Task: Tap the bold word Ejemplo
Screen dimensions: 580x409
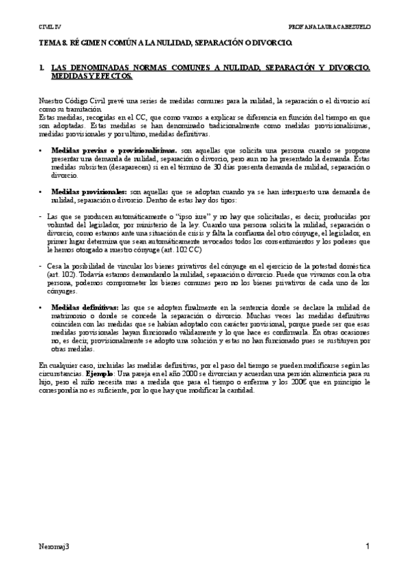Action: (108, 375)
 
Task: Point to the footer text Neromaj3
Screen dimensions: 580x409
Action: (53, 546)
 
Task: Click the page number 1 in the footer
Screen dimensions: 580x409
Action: (368, 546)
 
